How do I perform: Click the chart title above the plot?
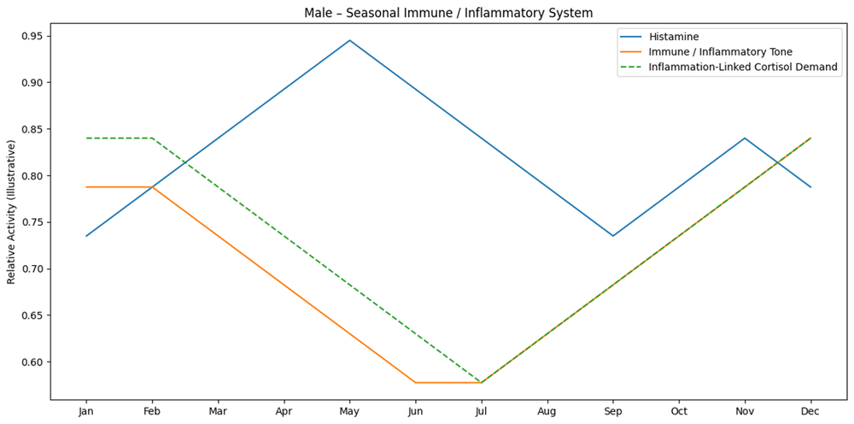[x=448, y=12]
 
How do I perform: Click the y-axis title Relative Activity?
[x=11, y=212]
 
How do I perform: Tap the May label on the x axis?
[x=349, y=413]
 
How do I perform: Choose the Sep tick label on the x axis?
[x=612, y=413]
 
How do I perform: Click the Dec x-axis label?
[x=810, y=413]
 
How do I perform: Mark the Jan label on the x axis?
[x=86, y=413]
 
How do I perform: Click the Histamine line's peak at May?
[x=349, y=40]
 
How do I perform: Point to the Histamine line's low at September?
[x=612, y=236]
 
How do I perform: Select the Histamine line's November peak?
[x=745, y=138]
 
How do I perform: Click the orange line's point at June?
[x=416, y=383]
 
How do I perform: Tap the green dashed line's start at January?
[x=86, y=138]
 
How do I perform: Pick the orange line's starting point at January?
[x=86, y=187]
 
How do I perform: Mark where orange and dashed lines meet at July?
[x=481, y=383]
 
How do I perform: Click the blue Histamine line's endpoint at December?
[x=810, y=187]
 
